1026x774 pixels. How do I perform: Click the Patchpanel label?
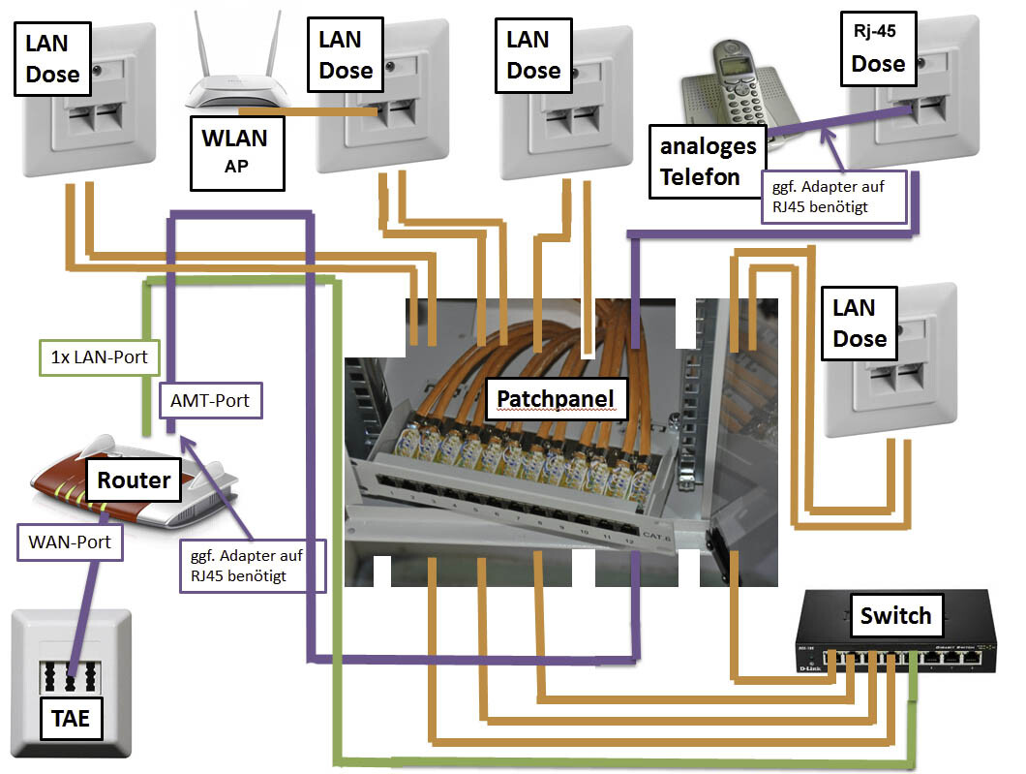click(556, 398)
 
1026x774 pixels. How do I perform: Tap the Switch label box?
click(895, 614)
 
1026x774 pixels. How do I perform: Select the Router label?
click(134, 480)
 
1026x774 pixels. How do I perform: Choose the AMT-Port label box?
click(209, 398)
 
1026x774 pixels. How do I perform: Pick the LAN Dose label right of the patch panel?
click(860, 324)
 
